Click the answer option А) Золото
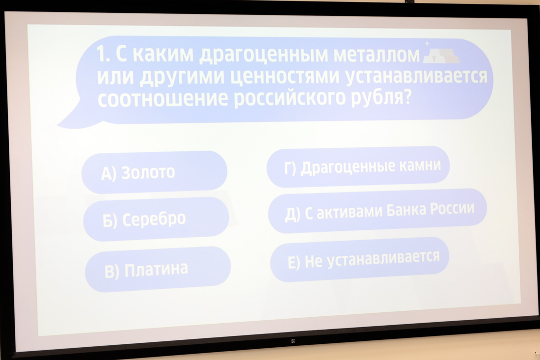[154, 172]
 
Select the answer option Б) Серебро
[156, 219]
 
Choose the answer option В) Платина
[158, 269]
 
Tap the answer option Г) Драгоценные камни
[358, 167]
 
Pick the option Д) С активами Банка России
[378, 211]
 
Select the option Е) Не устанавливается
[359, 259]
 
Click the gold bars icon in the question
[441, 54]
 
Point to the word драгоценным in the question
[264, 55]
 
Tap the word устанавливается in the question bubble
[416, 76]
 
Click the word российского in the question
[290, 98]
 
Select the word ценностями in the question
[285, 77]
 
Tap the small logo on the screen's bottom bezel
[293, 341]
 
